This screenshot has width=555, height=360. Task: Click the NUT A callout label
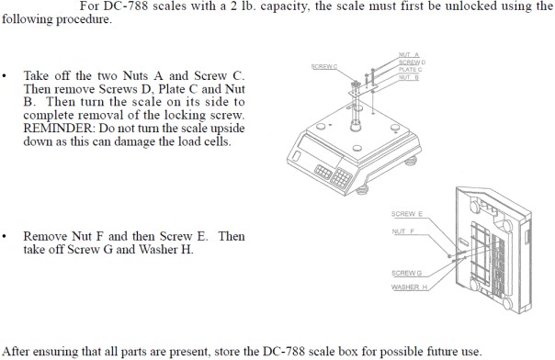409,55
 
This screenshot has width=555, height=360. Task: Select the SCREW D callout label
412,62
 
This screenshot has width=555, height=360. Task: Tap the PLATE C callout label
410,70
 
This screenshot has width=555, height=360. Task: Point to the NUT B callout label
409,77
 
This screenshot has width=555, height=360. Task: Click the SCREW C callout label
324,66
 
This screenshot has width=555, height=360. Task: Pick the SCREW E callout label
407,214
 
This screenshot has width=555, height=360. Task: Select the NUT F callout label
403,231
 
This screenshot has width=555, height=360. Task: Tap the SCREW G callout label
407,273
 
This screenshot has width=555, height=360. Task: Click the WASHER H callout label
410,287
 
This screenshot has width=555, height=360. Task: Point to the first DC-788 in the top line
126,6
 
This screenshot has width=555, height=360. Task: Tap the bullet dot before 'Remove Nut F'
4,236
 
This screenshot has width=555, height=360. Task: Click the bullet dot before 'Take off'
4,75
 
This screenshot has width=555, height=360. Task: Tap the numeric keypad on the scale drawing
341,178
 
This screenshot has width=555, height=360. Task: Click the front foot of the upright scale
362,190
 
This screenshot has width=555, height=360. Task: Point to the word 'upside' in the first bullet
228,129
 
